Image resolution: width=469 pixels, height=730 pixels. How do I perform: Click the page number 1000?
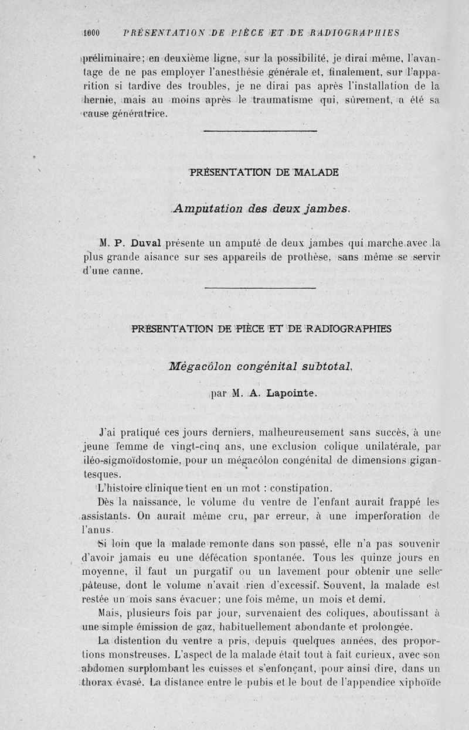point(93,33)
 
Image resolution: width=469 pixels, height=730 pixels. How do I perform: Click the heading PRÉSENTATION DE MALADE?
point(264,172)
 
